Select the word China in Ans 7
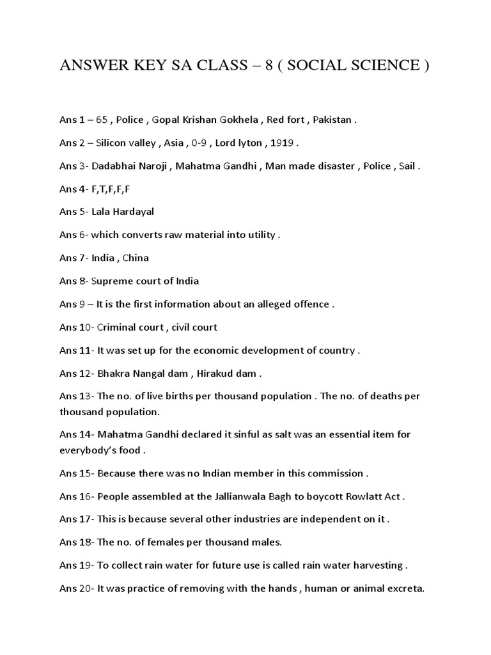pyautogui.click(x=136, y=258)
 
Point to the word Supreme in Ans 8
pyautogui.click(x=113, y=281)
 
